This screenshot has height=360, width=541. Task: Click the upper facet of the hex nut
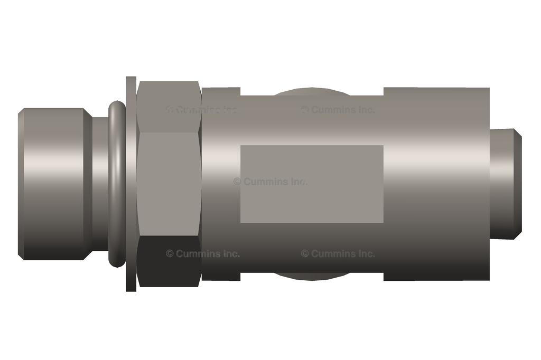coord(169,106)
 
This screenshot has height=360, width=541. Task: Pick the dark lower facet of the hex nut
coord(169,261)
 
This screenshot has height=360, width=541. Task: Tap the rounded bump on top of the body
coord(312,92)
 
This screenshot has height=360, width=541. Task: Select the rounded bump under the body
coord(312,276)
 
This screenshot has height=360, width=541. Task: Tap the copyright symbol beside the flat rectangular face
coord(237,182)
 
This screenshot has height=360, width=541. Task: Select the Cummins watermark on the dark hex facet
coord(203,254)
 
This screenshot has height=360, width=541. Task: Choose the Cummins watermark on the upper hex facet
coord(203,110)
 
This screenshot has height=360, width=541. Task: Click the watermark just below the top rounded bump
coord(338,110)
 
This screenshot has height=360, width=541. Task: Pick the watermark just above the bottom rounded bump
coord(338,254)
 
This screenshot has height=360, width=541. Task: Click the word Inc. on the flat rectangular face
coord(297,182)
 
